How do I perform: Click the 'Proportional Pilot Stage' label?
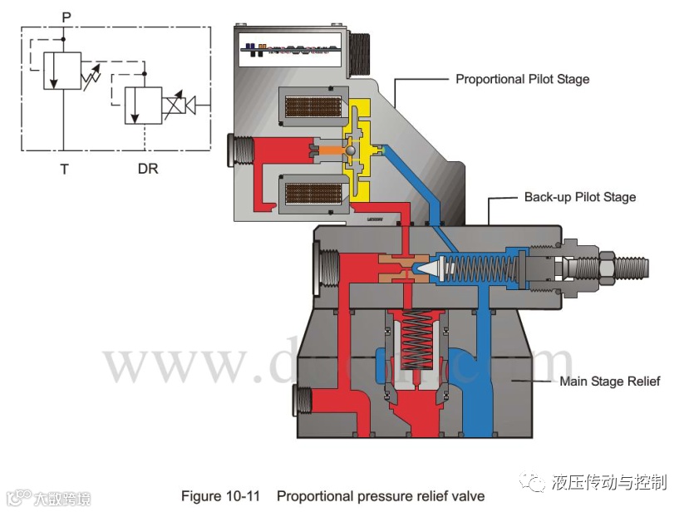[x=522, y=80]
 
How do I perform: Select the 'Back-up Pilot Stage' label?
[x=579, y=198]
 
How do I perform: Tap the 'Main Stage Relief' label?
[x=609, y=382]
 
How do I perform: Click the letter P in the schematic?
[x=66, y=15]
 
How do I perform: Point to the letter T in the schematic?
[x=64, y=170]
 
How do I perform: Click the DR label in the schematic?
[x=147, y=170]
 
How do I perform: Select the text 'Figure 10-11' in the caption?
[x=220, y=496]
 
